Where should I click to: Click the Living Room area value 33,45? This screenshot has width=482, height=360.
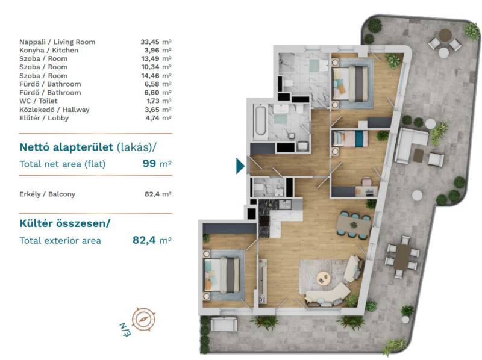point(149,42)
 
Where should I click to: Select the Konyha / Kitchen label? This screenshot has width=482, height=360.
point(49,51)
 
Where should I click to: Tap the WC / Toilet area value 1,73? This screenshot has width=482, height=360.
point(153,101)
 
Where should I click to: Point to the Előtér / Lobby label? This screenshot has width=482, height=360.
point(44,118)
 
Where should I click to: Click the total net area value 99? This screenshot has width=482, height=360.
point(149,163)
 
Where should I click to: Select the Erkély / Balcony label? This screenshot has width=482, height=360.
point(48,194)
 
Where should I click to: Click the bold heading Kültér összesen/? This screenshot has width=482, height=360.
point(65,223)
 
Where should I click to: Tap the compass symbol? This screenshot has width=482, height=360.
point(143,319)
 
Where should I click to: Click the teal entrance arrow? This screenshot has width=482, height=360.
point(240,166)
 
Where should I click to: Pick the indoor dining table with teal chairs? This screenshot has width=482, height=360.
point(354,225)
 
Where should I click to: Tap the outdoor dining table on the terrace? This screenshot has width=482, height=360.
point(402,256)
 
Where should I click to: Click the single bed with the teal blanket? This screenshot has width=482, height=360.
point(351,138)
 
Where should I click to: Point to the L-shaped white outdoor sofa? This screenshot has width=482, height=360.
point(412,144)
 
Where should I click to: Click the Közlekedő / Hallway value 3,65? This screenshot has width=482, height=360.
point(152,110)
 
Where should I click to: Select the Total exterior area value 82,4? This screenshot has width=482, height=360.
point(144,240)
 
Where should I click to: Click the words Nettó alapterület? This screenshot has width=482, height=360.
point(66,147)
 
